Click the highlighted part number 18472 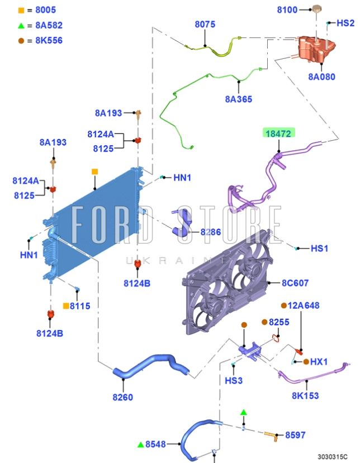coord(279,133)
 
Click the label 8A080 coord(321,77)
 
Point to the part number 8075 coord(205,25)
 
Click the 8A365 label coord(239,99)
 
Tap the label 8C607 coord(295,283)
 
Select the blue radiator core coord(92,223)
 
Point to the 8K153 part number coord(305,396)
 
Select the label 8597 coord(296,435)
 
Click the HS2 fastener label coord(345,23)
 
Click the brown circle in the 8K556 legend coord(21,40)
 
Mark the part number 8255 coord(279,322)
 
